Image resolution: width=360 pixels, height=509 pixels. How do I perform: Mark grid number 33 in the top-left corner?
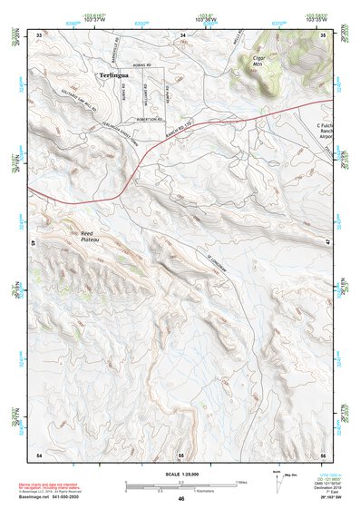tap(39, 34)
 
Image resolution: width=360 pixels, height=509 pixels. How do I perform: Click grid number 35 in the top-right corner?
tap(323, 34)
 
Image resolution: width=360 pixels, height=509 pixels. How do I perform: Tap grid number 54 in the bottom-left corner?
tap(39, 453)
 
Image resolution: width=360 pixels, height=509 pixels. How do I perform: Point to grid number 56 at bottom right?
tap(323, 453)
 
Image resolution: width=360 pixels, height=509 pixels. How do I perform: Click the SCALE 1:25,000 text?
tap(180, 474)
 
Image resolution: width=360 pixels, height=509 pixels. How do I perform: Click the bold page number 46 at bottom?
tap(181, 499)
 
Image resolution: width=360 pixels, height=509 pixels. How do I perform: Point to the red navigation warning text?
tap(54, 486)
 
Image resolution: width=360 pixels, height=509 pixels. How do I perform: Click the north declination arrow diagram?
tap(277, 478)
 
